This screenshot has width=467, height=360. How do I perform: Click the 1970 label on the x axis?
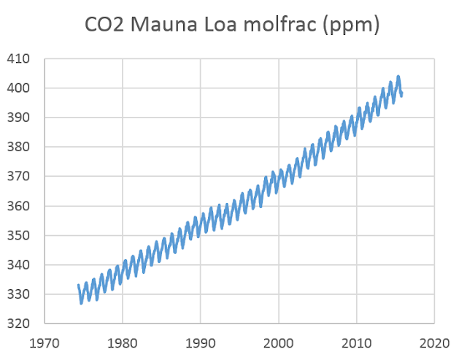(x=45, y=341)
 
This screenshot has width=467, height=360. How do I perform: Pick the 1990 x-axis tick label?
(x=201, y=341)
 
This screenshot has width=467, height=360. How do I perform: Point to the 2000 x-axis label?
(x=279, y=341)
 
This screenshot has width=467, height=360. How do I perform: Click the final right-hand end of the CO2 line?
(x=401, y=94)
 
